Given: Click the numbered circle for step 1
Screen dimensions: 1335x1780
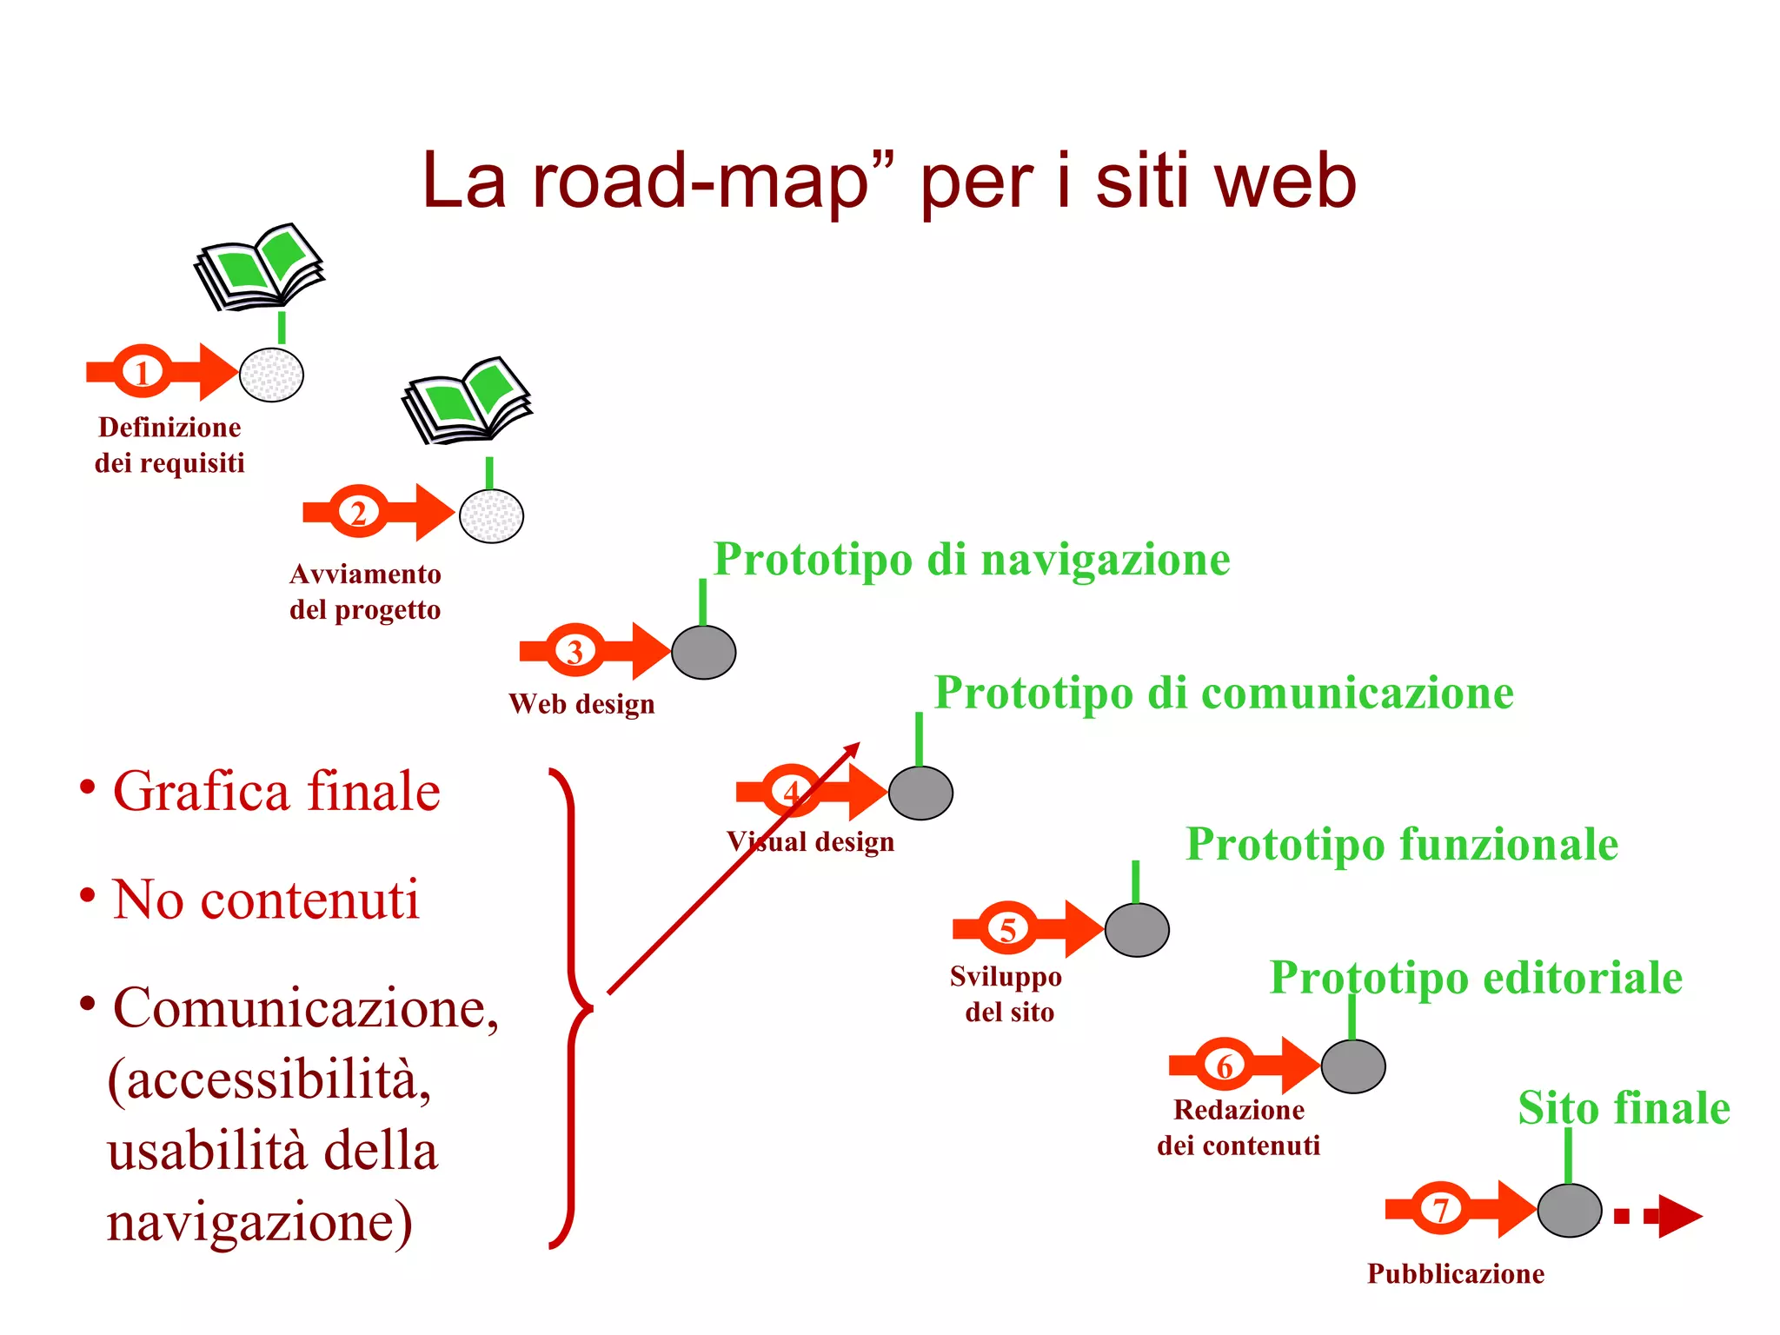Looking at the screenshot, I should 143,372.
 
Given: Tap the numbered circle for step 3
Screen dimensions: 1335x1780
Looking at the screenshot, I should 575,651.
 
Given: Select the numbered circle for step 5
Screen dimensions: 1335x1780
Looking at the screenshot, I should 1007,929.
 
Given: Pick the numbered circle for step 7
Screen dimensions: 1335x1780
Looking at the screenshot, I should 1440,1208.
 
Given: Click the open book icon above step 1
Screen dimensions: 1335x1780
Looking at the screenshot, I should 259,266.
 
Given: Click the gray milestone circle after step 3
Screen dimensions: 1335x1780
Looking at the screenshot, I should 704,652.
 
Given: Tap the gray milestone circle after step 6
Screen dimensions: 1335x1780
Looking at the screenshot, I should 1353,1066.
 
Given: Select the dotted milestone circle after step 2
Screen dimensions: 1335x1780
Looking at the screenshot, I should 491,516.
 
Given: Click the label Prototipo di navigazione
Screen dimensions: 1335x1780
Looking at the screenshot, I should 972,559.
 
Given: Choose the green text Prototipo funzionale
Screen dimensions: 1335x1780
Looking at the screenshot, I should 1402,844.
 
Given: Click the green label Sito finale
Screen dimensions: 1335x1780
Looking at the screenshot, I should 1624,1108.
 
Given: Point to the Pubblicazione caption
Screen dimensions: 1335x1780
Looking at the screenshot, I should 1456,1273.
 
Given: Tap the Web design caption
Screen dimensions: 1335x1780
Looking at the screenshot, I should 581,703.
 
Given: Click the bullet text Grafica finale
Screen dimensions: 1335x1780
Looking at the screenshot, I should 276,792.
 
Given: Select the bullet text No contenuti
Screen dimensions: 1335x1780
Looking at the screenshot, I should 266,900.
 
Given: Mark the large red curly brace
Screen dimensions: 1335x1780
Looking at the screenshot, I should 572,1008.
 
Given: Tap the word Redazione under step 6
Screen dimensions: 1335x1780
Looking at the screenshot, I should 1239,1110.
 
